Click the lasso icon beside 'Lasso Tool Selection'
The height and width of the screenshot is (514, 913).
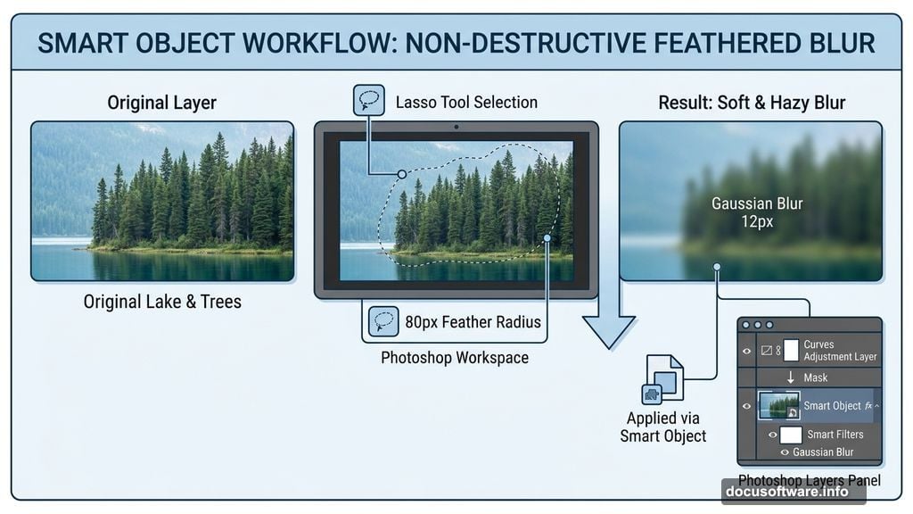point(368,100)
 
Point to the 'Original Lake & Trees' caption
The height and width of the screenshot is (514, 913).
point(162,302)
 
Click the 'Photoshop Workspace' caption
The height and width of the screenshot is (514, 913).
point(455,357)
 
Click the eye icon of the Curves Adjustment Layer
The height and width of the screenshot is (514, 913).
point(747,351)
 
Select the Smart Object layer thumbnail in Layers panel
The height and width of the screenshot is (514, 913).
point(778,405)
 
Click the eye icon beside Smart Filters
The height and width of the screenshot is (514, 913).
point(773,435)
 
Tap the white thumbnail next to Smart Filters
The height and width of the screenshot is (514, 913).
point(791,435)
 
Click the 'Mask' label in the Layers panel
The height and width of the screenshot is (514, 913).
point(815,377)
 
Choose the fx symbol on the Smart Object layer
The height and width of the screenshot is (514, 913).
point(868,406)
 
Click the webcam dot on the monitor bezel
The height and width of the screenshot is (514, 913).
point(456,127)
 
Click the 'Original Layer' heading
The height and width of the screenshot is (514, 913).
point(162,103)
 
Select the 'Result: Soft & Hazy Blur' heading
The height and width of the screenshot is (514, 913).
point(752,103)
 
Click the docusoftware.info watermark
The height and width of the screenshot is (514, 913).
point(786,492)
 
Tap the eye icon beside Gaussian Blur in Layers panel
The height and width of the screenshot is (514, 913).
point(785,452)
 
